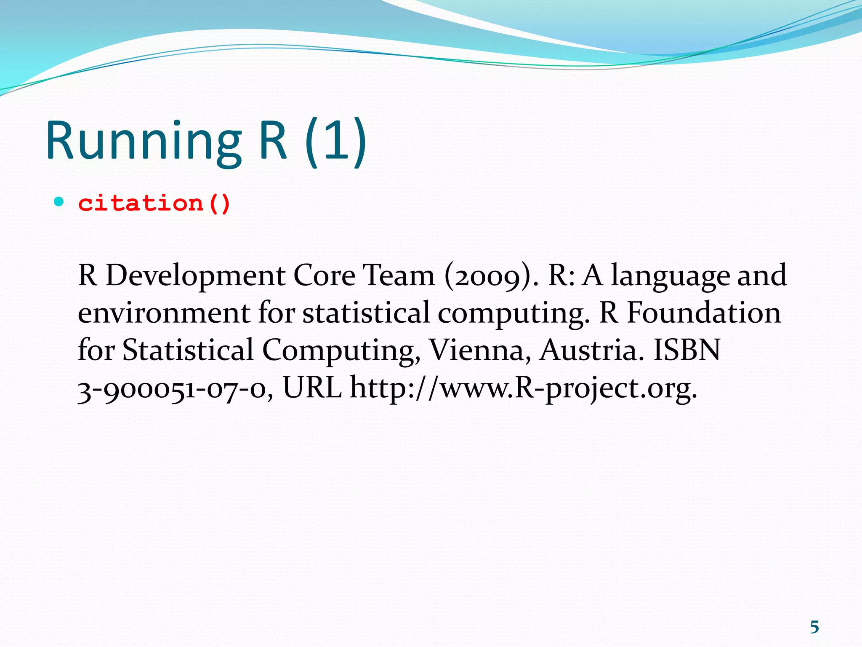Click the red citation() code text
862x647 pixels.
[154, 203]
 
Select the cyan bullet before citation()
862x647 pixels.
[59, 202]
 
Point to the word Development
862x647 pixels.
[195, 276]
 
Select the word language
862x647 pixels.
[669, 276]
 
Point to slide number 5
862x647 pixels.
[814, 628]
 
